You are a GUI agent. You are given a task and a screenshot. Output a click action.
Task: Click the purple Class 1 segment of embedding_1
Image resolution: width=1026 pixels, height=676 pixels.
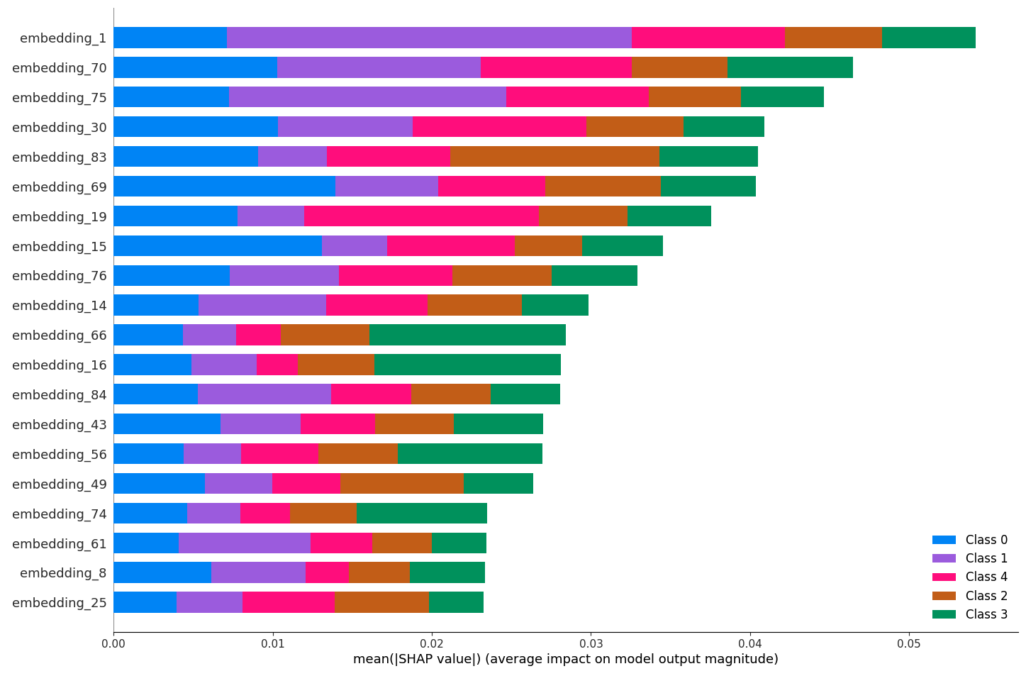coord(429,38)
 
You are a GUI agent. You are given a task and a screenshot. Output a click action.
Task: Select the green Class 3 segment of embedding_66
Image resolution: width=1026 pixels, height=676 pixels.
coord(467,335)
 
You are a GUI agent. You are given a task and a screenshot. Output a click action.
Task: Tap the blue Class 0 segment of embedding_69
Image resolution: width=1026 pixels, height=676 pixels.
coord(224,187)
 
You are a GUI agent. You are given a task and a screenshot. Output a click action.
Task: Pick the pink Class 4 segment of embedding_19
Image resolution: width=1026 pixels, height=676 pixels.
coord(421,216)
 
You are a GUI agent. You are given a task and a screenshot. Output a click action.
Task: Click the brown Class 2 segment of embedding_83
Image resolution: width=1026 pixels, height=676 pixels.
coord(554,157)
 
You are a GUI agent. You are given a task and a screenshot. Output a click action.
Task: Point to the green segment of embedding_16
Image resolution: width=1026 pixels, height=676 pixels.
coord(467,365)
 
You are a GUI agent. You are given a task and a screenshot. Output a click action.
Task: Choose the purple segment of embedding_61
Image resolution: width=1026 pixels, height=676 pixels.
coord(245,543)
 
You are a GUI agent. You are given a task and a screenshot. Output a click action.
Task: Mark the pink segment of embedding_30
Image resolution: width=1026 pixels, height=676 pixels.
coord(499,127)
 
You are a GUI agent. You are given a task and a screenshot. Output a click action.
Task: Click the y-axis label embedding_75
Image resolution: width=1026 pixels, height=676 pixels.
coord(60,98)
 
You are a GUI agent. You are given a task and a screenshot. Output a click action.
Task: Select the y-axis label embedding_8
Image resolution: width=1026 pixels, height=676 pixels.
coord(63,573)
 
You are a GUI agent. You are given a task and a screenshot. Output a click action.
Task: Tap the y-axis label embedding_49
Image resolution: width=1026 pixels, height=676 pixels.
coord(60,484)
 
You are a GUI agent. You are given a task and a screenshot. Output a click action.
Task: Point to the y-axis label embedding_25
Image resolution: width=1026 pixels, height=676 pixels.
coord(60,603)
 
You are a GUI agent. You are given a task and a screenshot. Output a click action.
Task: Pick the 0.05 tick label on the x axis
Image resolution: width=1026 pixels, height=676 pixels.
coord(909,645)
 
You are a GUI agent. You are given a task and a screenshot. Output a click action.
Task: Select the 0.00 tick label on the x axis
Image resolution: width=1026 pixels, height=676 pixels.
coord(113,645)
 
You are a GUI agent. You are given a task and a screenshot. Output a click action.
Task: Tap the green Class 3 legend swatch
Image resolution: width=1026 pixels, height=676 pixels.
coord(944,614)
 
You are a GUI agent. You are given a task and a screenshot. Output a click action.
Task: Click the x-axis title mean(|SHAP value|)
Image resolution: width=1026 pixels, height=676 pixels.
coord(565,660)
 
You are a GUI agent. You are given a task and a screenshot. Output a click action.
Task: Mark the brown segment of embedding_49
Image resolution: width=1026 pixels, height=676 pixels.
coord(401,484)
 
